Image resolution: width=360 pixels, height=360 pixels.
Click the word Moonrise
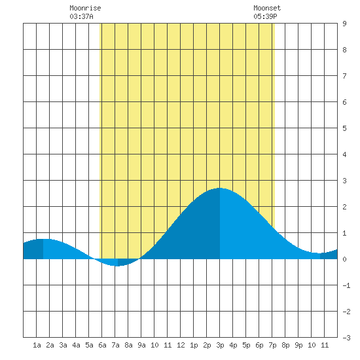(x=85, y=8)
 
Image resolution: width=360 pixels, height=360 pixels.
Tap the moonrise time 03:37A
(x=82, y=16)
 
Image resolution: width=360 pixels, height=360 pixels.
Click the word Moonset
(x=267, y=8)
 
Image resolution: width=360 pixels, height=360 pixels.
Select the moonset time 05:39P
(x=265, y=16)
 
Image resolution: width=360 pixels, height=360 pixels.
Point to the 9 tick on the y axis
(x=344, y=24)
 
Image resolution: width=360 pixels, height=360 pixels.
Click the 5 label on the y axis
(x=344, y=128)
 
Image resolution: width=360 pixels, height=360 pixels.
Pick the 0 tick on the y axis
(x=344, y=259)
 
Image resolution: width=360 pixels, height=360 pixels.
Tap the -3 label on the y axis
(x=346, y=338)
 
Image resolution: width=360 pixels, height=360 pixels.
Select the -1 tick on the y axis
(x=346, y=285)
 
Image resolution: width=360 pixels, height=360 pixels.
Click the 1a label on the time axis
(x=37, y=345)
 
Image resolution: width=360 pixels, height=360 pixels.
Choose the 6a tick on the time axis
(x=102, y=345)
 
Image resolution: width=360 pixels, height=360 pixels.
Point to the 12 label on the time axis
(x=181, y=345)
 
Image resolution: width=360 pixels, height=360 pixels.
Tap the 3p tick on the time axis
(x=220, y=345)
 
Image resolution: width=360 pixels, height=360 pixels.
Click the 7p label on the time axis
(x=272, y=345)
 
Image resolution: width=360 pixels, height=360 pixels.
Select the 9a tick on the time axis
(x=141, y=345)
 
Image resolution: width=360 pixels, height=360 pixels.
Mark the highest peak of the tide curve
(x=220, y=188)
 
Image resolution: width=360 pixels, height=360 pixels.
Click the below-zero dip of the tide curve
(x=118, y=266)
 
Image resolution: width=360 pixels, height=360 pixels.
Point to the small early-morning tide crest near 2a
(x=43, y=239)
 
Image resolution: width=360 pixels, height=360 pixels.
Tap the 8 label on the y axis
(x=344, y=50)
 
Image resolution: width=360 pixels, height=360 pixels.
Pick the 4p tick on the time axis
(x=233, y=345)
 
